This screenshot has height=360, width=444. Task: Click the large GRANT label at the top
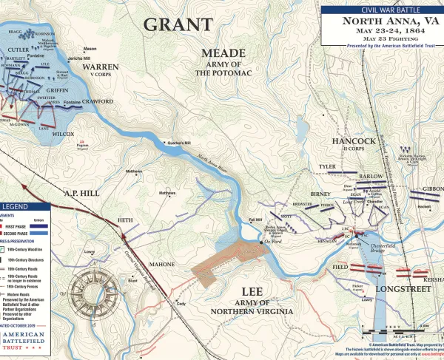coord(178,24)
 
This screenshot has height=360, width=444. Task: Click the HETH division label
coord(125,220)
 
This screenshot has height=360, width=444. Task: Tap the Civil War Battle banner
coord(380,9)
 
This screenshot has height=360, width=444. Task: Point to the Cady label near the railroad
coord(179,303)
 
